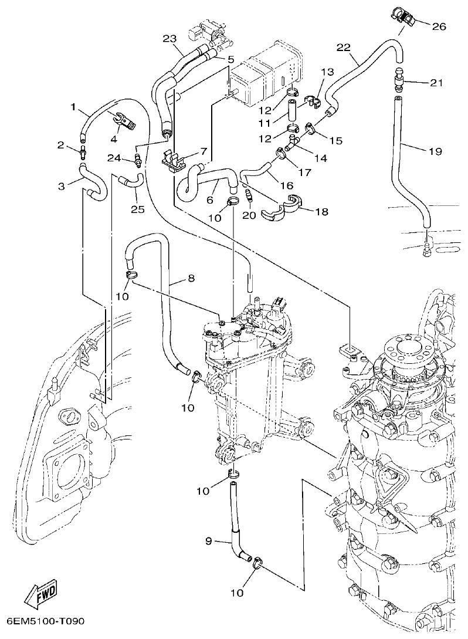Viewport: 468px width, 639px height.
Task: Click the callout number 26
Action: point(439,26)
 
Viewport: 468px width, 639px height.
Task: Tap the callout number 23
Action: point(169,39)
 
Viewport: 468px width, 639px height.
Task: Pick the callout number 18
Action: point(321,211)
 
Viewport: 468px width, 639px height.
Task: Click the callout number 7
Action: point(204,151)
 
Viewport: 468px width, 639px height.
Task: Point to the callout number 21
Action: point(435,83)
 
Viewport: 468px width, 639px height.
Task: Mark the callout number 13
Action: point(327,72)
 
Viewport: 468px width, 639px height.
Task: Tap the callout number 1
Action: point(74,107)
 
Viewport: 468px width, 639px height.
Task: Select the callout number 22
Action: point(344,47)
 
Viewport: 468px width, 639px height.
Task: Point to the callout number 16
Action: point(287,185)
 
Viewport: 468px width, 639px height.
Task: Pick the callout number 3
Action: point(62,187)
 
